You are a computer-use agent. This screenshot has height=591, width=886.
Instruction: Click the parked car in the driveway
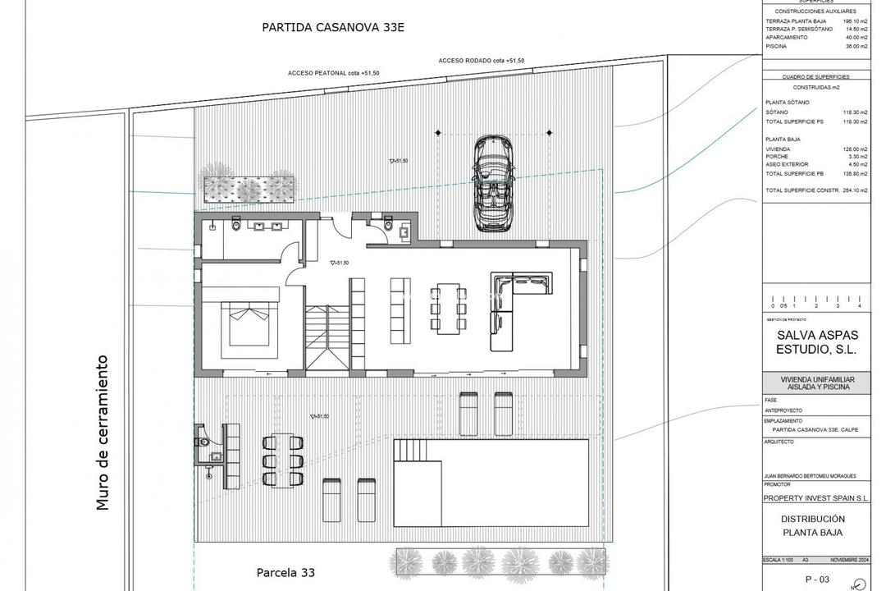pos(492,183)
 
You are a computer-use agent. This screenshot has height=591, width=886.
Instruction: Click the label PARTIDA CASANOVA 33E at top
pos(334,27)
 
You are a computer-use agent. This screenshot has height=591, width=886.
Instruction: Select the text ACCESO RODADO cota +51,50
pos(481,61)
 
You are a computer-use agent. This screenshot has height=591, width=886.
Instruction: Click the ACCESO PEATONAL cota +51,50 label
pos(333,73)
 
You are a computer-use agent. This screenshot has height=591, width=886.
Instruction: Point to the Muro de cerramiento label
pos(103,433)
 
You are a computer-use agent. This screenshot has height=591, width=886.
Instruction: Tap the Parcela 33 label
pos(285,572)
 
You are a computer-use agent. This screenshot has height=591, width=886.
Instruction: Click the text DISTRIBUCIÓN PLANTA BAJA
pos(812,526)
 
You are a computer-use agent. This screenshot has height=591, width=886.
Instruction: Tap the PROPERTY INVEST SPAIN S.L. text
pos(815,498)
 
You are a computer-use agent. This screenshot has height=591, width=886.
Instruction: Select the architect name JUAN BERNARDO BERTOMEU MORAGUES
pos(811,476)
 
